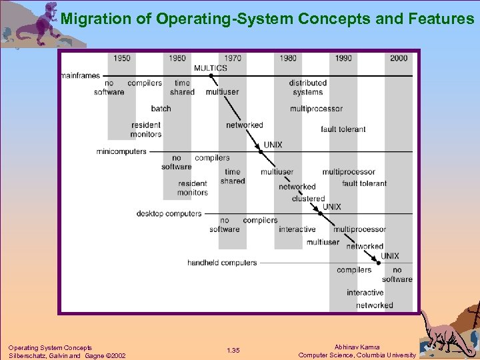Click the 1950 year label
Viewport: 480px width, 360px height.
coord(122,58)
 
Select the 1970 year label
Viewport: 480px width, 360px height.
coord(233,58)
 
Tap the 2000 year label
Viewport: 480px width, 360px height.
coord(399,58)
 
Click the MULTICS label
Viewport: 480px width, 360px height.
coord(210,67)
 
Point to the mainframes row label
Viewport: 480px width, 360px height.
coord(80,76)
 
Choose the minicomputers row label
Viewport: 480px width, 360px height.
coord(121,151)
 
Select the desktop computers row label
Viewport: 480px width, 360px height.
coord(169,214)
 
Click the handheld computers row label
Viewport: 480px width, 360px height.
coord(222,263)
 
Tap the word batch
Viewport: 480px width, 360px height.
coord(161,109)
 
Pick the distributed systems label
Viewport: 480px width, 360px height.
coord(307,88)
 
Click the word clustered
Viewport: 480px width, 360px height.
coord(308,199)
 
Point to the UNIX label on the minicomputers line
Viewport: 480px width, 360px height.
coord(273,145)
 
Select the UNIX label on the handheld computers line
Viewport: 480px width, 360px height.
coord(390,256)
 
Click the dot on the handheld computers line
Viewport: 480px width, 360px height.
coord(379,263)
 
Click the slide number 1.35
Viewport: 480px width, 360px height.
coord(233,351)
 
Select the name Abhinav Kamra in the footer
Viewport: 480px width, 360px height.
coord(357,347)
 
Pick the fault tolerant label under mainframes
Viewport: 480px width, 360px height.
coord(343,129)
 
